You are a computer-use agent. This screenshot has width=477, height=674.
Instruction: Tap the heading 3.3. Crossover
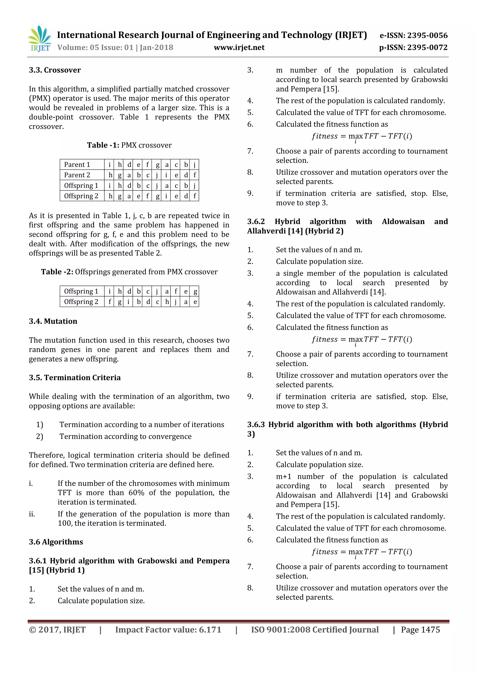(x=55, y=70)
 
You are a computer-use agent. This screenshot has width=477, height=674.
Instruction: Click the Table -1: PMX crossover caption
(x=129, y=145)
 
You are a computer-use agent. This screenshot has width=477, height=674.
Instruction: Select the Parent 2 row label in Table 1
(x=77, y=175)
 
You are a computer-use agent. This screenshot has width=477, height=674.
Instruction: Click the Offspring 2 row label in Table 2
(x=81, y=302)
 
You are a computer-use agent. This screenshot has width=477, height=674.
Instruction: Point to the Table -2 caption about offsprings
(x=129, y=272)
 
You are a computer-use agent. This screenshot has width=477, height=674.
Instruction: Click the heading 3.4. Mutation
(x=53, y=321)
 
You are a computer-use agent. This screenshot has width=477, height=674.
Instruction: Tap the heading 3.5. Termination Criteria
(x=75, y=378)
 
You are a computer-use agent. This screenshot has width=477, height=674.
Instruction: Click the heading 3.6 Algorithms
(x=56, y=542)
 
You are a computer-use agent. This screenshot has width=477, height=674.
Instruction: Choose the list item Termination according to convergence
(x=125, y=437)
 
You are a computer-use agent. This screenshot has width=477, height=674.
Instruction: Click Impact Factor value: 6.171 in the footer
(x=168, y=630)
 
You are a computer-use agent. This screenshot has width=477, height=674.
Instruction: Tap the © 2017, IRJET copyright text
(x=57, y=630)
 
